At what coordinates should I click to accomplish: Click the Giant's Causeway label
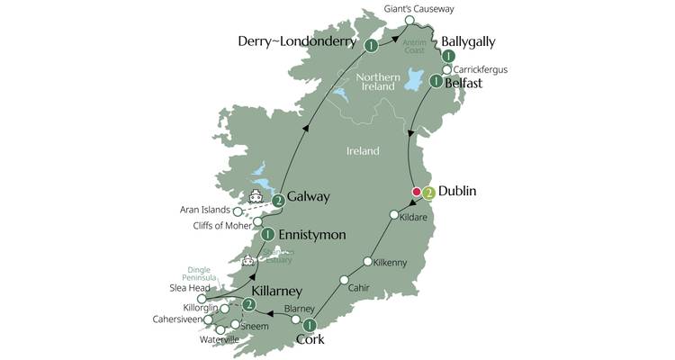[418, 9]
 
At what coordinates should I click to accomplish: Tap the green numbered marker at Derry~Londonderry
[371, 44]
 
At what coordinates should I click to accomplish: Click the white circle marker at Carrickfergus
[446, 68]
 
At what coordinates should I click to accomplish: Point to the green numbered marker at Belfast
[436, 82]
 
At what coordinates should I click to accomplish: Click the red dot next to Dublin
[416, 192]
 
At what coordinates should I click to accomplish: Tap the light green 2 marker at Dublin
[429, 192]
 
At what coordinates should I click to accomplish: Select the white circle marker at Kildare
[393, 215]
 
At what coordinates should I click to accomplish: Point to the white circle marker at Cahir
[343, 281]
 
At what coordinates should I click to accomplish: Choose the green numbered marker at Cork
[309, 325]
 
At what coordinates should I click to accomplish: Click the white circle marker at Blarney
[296, 319]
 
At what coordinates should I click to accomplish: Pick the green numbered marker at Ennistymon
[267, 235]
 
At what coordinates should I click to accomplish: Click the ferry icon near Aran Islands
[256, 196]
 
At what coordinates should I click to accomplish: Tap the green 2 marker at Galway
[279, 200]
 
